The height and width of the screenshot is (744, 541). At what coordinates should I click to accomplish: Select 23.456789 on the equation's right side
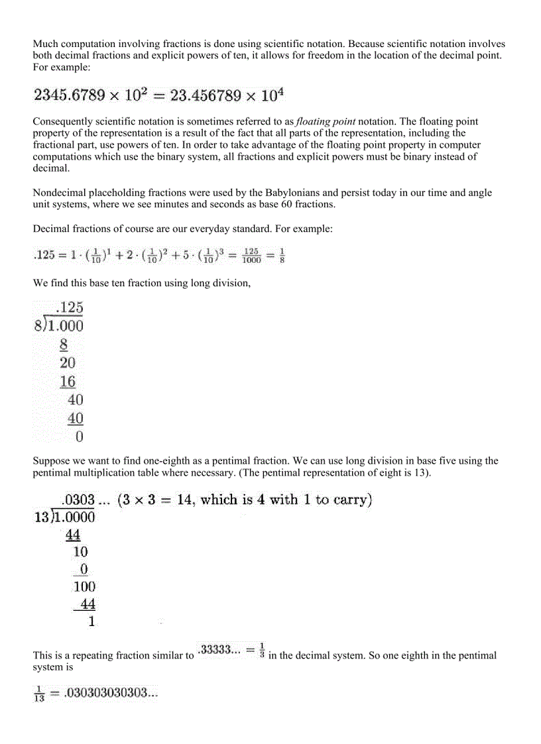click(208, 95)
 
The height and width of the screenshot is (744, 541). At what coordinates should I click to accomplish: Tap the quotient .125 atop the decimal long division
click(69, 307)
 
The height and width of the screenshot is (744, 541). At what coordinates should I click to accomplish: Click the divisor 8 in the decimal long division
click(38, 326)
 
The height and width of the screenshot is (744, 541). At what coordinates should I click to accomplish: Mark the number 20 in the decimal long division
click(67, 363)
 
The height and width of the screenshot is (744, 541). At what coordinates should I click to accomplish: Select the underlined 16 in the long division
click(67, 382)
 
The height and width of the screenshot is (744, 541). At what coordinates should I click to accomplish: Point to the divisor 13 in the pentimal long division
click(41, 517)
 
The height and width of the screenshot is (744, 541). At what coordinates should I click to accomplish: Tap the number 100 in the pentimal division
click(84, 586)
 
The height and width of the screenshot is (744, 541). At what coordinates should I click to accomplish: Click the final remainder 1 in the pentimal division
click(91, 621)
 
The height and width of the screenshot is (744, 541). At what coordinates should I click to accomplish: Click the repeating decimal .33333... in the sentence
click(221, 650)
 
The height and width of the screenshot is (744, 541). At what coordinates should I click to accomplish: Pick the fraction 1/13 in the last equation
click(39, 695)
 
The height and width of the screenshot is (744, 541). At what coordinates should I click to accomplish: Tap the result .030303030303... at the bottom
click(110, 694)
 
